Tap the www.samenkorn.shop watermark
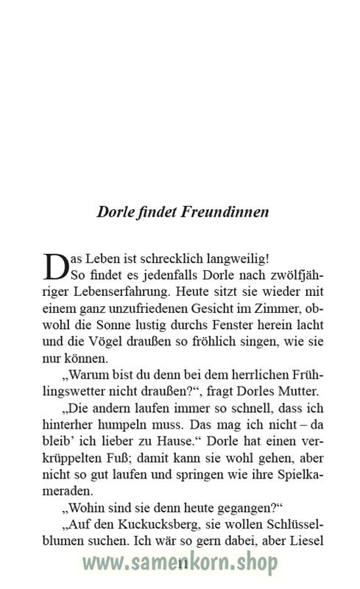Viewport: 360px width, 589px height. (180, 564)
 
